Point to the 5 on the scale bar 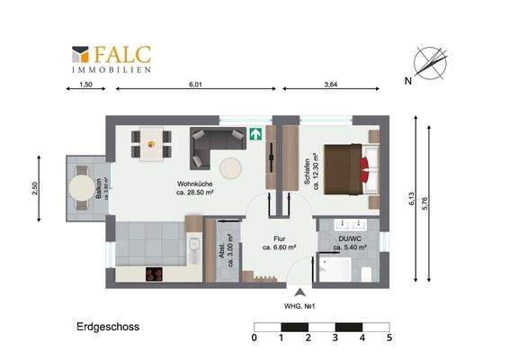pos(389,338)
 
